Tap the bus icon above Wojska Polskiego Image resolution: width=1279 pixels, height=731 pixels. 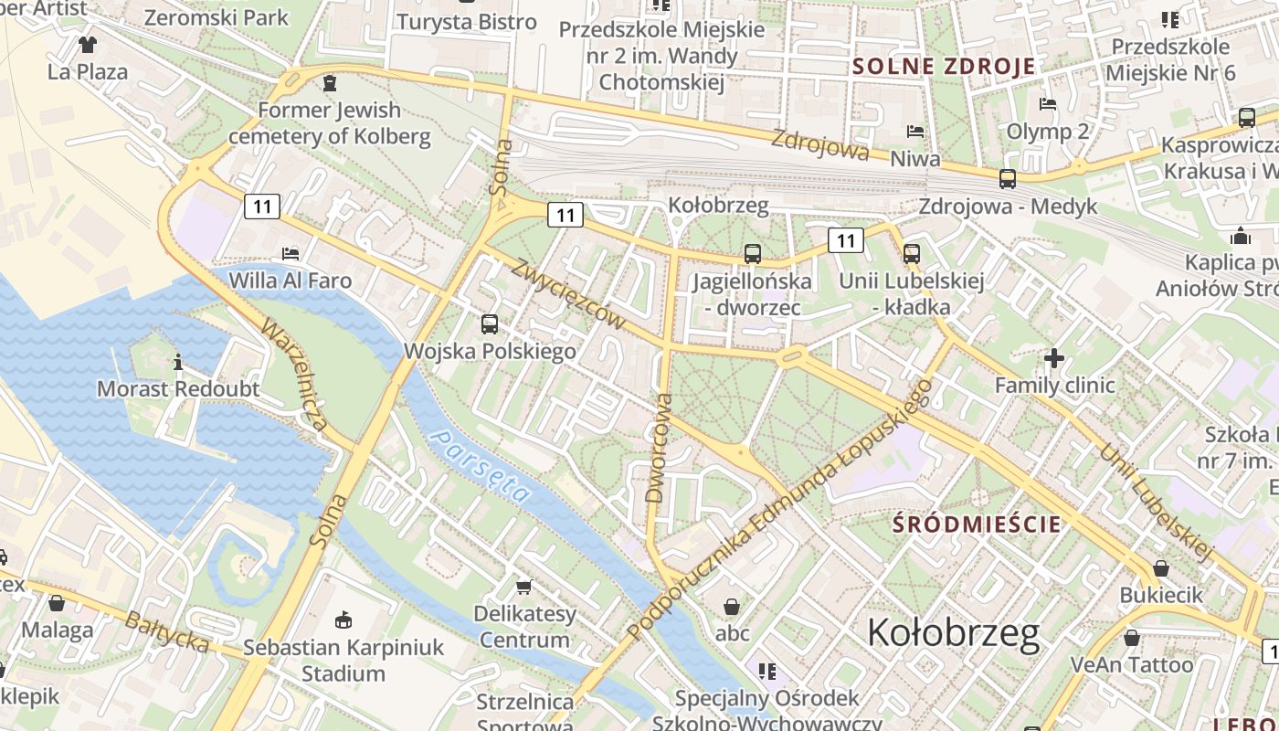point(490,323)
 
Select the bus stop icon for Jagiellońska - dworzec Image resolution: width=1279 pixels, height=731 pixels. point(752,253)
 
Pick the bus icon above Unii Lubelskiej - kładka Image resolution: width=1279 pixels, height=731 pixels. point(911,253)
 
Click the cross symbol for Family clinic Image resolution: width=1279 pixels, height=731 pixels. point(1053,358)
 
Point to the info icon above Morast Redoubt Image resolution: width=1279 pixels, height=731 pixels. point(178,362)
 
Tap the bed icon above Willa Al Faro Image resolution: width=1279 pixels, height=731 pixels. point(291,253)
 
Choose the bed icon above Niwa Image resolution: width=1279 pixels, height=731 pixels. point(914,132)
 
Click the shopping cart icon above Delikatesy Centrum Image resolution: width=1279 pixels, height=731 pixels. point(523,586)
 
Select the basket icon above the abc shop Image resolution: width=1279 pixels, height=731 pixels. point(732,606)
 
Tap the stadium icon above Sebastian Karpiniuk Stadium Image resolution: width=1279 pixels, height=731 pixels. point(343,620)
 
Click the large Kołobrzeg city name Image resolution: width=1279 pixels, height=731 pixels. point(952,632)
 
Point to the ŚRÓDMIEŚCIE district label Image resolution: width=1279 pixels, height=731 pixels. point(977,524)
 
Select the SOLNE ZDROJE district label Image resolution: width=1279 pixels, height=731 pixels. point(944,66)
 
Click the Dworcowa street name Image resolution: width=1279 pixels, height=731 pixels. point(658,449)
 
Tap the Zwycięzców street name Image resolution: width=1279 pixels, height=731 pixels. point(568,294)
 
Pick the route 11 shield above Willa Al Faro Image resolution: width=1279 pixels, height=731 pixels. point(262,207)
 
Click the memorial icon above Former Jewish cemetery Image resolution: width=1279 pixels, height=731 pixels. point(329,84)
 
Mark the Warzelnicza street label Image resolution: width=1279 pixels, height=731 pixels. point(294,374)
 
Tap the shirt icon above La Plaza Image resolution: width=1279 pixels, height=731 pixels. point(87,44)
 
